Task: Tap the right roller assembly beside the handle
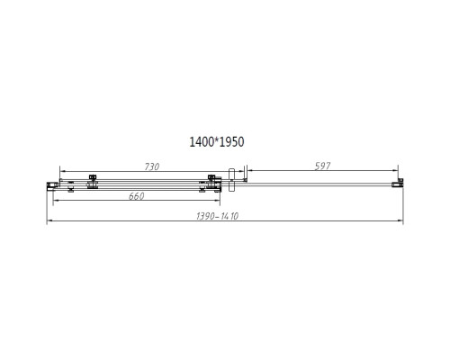click(x=211, y=183)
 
